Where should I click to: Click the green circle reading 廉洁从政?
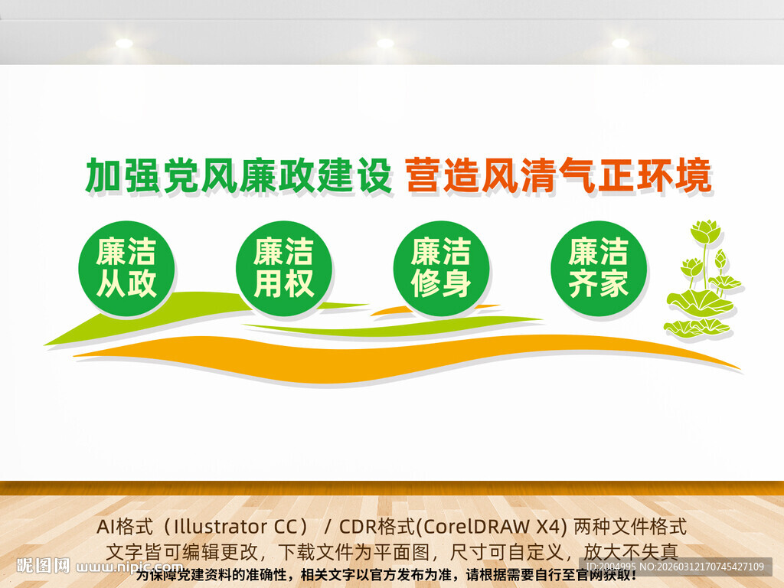click(x=126, y=269)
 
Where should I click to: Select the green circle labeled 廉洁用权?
click(x=284, y=269)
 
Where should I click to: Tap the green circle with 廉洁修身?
click(x=441, y=269)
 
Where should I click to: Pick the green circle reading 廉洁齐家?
click(x=599, y=269)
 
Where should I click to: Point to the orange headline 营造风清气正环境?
click(x=558, y=176)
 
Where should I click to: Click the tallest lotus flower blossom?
click(x=705, y=230)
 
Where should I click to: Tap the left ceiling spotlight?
click(x=124, y=44)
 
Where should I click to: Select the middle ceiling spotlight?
click(x=385, y=44)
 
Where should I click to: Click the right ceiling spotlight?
click(x=620, y=44)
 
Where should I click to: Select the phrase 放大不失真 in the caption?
click(x=632, y=550)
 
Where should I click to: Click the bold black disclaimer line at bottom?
click(x=386, y=574)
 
